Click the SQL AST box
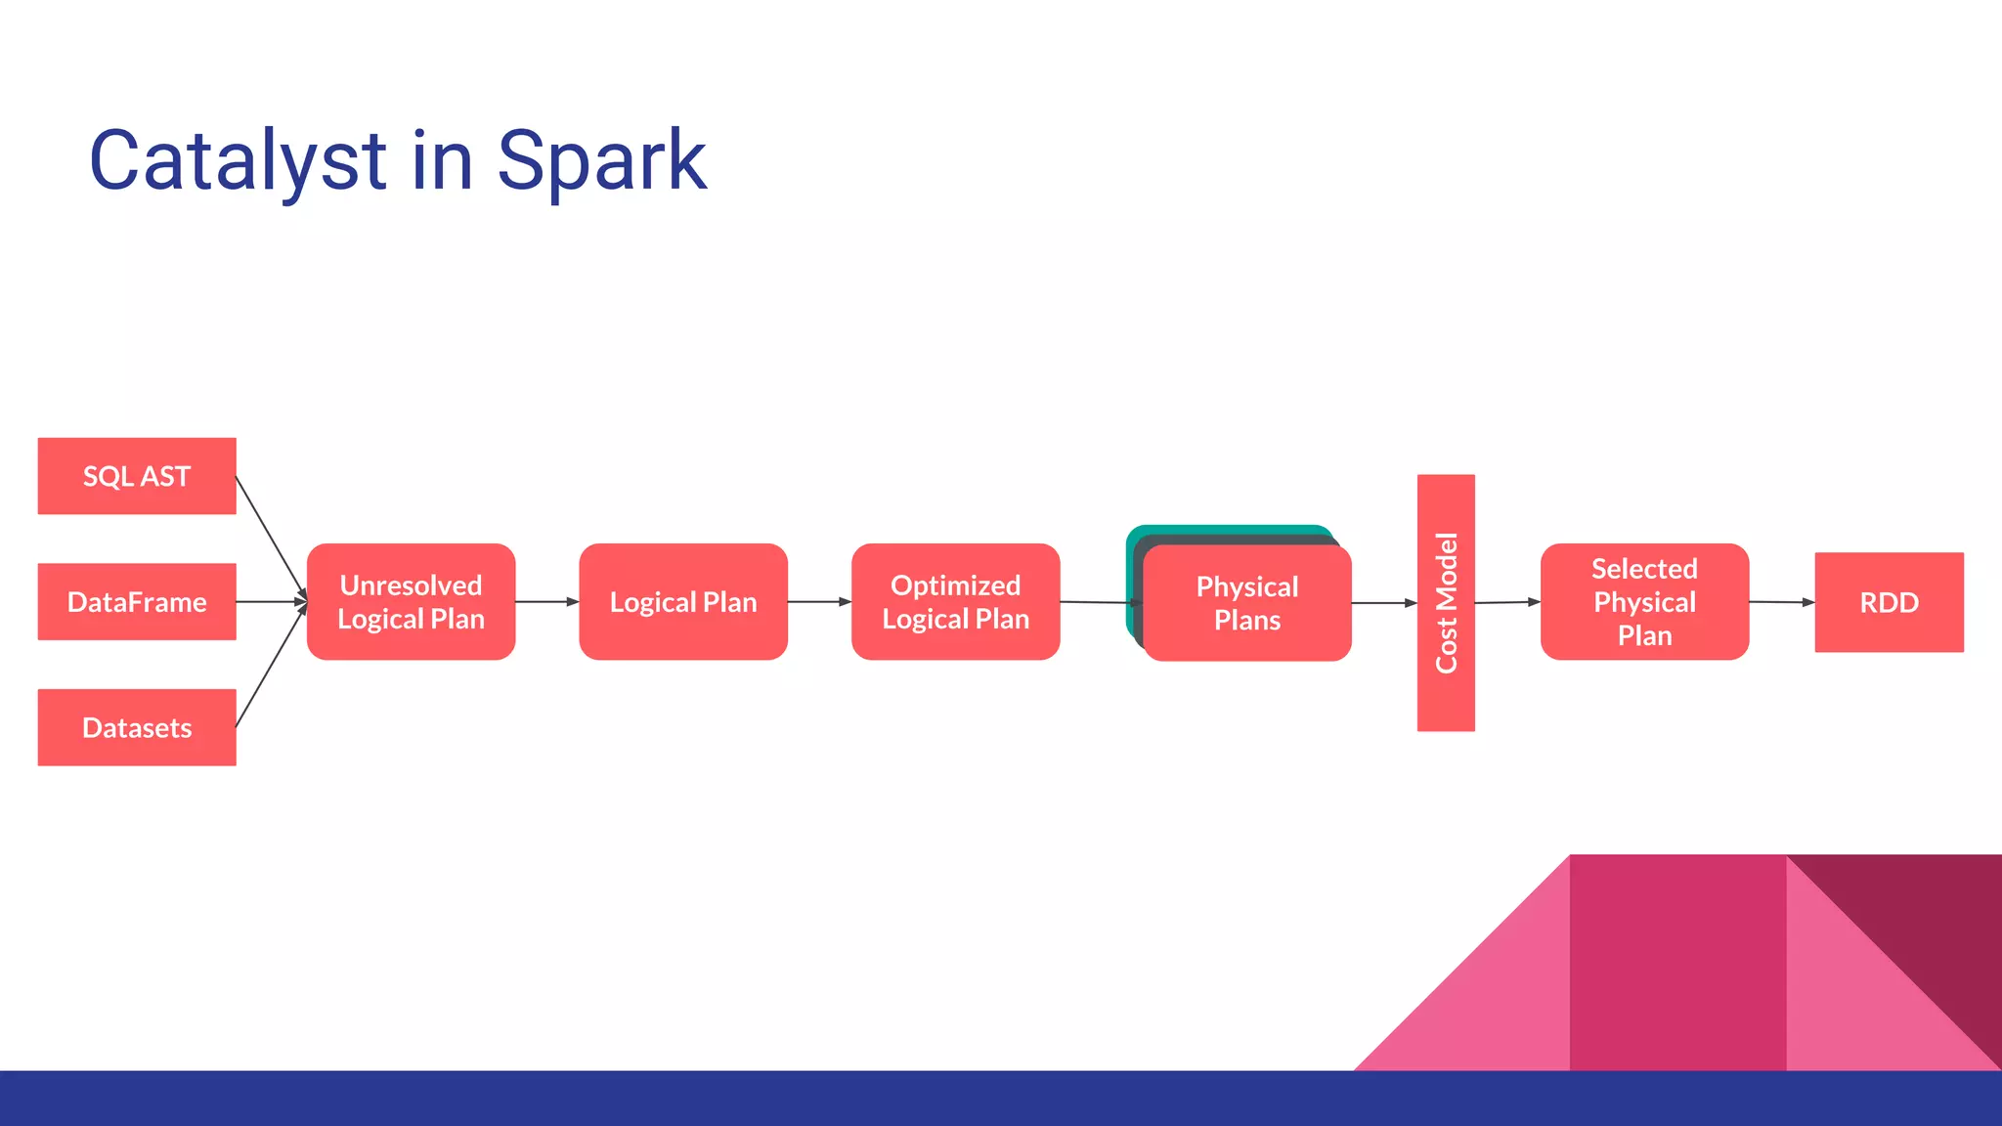[137, 476]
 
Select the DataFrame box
[137, 601]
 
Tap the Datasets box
[137, 727]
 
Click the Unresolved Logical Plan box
[411, 602]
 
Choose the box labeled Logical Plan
[683, 602]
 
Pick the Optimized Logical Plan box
[955, 602]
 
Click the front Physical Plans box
[1247, 604]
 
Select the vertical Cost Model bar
[1446, 602]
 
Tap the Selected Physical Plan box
[1644, 602]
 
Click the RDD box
[1889, 602]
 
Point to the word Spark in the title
[601, 161]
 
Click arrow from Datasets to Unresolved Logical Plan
[271, 667]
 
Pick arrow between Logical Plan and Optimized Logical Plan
[819, 602]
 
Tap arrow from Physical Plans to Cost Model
[1383, 603]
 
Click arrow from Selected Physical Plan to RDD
[1781, 602]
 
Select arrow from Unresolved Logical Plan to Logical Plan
[546, 602]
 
